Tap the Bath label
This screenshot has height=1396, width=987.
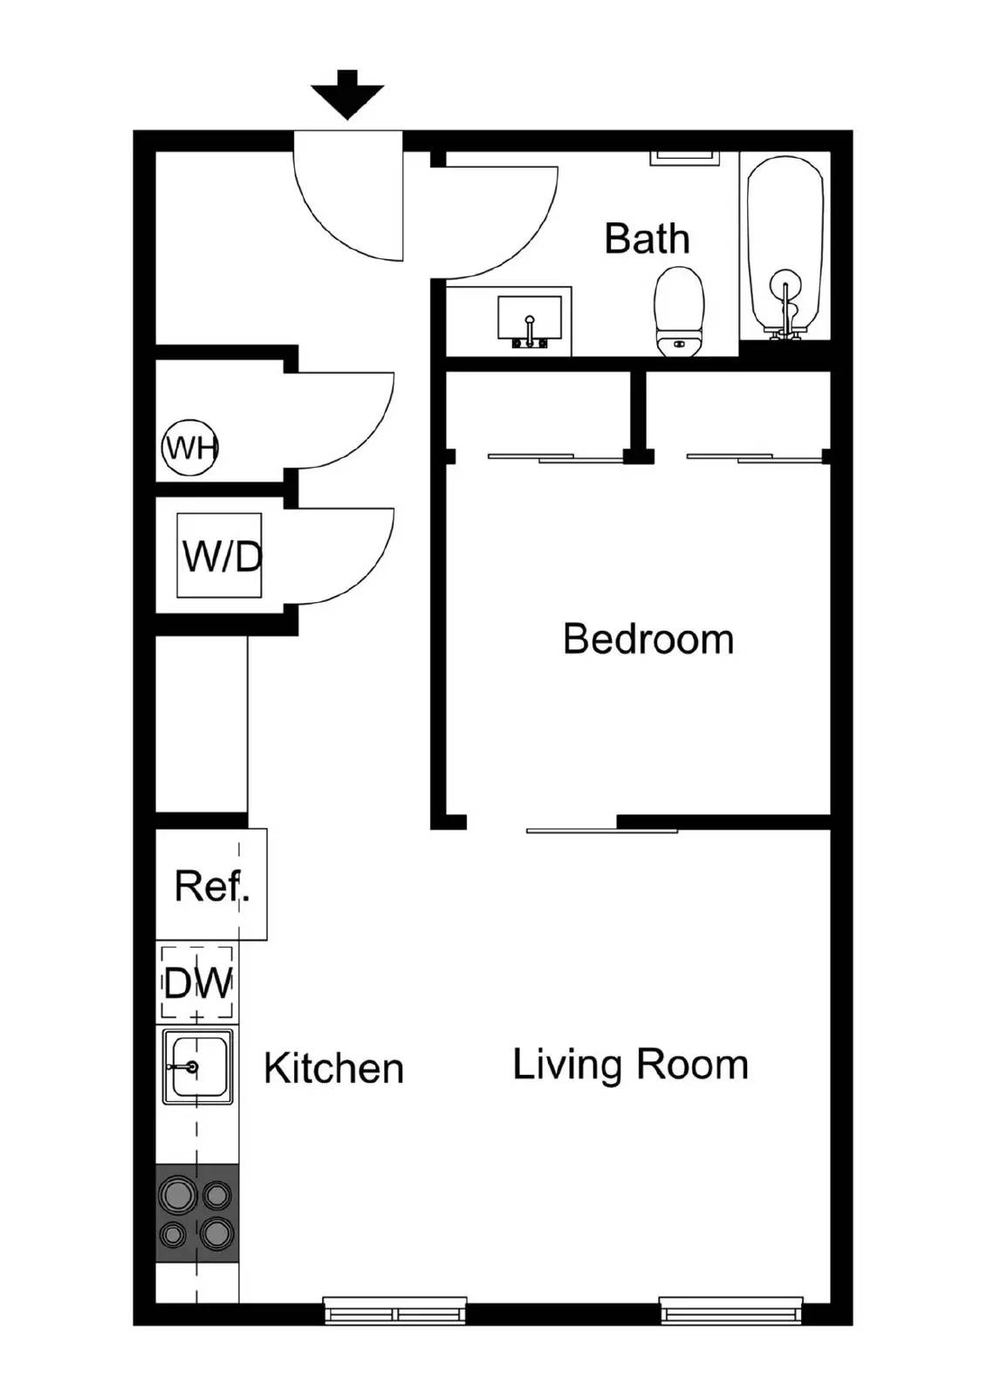[x=647, y=239]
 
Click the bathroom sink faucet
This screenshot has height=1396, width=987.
[x=530, y=331]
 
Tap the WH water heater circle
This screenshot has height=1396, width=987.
[x=190, y=448]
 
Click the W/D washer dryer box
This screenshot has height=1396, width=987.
[x=219, y=556]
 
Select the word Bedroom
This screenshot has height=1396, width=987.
[x=648, y=640]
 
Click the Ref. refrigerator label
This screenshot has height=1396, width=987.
[x=212, y=886]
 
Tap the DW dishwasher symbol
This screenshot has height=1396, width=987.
[x=198, y=983]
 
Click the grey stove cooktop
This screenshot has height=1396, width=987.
[x=197, y=1213]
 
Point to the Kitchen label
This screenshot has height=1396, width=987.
[x=333, y=1069]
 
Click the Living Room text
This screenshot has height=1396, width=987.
[x=630, y=1065]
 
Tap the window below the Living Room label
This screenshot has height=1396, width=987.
[x=730, y=1310]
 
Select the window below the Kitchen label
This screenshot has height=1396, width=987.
[x=394, y=1310]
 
